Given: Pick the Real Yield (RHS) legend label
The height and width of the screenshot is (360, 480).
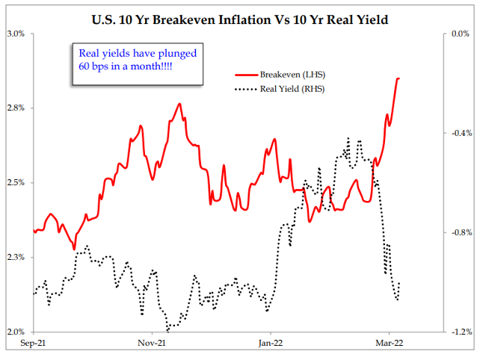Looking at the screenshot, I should pos(292,90).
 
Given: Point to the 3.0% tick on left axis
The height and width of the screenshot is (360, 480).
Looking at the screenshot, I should pos(16,34).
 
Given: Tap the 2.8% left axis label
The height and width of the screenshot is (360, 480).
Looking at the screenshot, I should pos(16,108).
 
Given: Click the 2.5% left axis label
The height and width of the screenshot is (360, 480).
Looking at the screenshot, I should pos(16,183).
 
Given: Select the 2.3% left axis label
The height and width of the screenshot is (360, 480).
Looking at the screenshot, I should pos(16,258).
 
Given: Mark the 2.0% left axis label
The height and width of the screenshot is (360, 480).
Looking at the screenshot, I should pos(16,332).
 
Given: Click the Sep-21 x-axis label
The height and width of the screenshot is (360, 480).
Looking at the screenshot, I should pos(34,345).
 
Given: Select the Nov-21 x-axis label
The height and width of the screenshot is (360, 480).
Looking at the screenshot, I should pos(153,345).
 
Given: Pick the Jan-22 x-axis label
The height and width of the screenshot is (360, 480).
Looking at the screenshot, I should pos(270,345).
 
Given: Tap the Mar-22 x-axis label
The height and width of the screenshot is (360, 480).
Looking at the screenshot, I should pos(388,345).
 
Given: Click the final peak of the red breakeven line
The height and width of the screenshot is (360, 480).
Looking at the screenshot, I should pos(399,78).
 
